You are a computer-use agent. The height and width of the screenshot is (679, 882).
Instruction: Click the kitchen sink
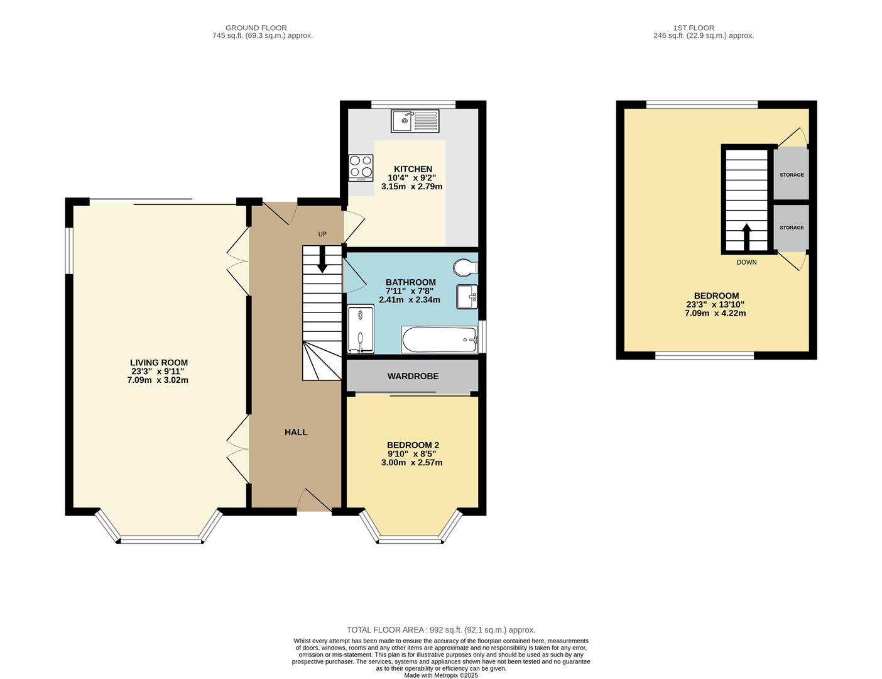coord(415,121)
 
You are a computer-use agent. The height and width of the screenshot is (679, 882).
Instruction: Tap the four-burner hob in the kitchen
coord(361,168)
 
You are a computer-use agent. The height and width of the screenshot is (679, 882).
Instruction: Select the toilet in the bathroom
coord(465,268)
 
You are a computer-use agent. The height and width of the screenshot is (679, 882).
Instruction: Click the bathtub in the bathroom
coord(440,339)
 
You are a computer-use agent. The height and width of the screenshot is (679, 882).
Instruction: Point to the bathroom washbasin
coord(467,297)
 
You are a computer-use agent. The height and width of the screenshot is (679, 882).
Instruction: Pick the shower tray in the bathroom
coord(361,329)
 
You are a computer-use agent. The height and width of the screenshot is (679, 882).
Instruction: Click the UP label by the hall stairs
coord(322,234)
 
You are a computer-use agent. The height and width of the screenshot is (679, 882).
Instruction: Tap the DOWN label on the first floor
coord(746,262)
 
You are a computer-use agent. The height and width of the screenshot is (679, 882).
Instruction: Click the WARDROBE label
coord(413,376)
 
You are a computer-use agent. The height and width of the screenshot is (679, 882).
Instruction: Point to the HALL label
coord(296,432)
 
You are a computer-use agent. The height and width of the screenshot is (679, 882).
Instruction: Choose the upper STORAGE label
coord(792,175)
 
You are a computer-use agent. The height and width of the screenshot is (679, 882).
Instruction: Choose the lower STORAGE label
coord(792,228)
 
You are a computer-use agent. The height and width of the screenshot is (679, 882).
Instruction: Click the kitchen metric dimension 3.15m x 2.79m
coord(411,187)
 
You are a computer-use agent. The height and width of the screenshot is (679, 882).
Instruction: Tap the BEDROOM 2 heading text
coord(413,445)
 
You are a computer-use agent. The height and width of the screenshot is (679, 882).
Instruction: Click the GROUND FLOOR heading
coord(256,28)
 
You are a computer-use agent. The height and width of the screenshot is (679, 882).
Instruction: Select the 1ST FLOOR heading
coord(694,28)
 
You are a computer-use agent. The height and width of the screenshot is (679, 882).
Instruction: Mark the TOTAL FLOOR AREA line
coord(441,630)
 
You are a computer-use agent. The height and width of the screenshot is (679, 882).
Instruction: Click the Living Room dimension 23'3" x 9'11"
coord(158,372)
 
